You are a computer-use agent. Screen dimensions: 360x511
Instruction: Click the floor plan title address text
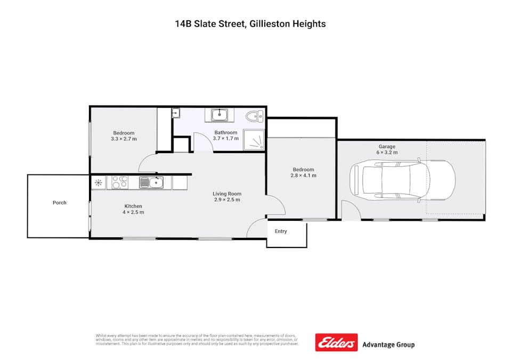(x=250, y=23)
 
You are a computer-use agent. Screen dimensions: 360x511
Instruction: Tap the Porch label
(x=60, y=203)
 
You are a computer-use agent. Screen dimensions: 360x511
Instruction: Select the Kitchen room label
(x=133, y=206)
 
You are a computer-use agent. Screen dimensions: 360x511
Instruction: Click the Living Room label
(x=227, y=194)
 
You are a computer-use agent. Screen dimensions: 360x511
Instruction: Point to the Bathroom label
(x=225, y=132)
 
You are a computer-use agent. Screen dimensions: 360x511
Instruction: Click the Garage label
(x=387, y=146)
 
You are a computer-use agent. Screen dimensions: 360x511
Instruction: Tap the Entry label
(x=281, y=231)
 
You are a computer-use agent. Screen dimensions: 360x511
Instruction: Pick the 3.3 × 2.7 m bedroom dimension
(x=124, y=139)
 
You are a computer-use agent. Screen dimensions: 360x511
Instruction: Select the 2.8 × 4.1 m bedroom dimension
(x=303, y=175)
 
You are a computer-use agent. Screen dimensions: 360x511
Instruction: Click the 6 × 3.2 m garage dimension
(x=387, y=153)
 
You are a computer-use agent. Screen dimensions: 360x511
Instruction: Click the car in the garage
(x=403, y=180)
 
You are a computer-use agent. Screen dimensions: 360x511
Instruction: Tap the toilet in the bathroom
(x=253, y=115)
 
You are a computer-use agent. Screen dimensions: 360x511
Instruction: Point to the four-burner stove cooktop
(x=118, y=183)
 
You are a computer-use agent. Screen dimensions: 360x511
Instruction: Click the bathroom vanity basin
(x=219, y=114)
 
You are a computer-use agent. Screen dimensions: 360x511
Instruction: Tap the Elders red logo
(x=336, y=343)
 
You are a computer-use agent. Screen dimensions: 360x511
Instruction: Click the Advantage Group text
(x=388, y=345)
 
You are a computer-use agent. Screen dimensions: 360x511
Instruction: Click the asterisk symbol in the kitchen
(x=98, y=183)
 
